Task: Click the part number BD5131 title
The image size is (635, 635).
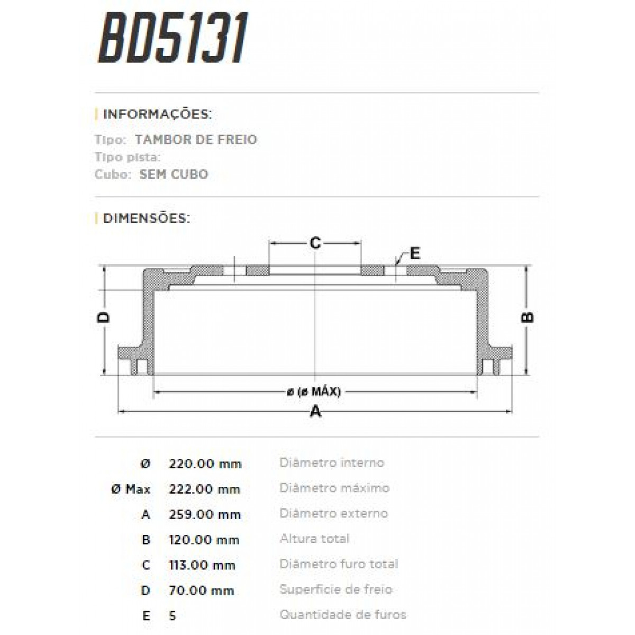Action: (x=173, y=40)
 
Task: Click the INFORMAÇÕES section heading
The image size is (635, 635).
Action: (x=157, y=114)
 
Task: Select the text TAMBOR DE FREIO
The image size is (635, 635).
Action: (x=196, y=140)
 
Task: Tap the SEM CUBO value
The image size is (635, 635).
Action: (x=174, y=174)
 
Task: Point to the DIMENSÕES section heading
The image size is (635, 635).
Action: (x=146, y=218)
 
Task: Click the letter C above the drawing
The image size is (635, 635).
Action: (x=315, y=243)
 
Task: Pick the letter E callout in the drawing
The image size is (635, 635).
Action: (x=415, y=253)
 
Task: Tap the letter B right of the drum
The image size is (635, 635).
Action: (x=528, y=317)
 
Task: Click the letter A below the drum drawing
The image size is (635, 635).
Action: (x=315, y=411)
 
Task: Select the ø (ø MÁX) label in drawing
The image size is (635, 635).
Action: (x=314, y=392)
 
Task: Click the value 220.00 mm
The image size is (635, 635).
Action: (x=205, y=464)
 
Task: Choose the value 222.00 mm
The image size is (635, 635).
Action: (x=205, y=489)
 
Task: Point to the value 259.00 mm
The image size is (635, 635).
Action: (x=205, y=514)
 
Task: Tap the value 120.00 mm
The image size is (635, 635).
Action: (x=204, y=540)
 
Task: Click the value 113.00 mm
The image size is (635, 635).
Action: (x=202, y=565)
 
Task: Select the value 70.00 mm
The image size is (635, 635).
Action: (x=201, y=591)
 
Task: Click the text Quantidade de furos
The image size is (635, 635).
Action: (x=343, y=615)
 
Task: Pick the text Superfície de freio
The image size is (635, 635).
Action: (x=336, y=589)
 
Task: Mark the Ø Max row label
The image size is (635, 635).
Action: (x=131, y=489)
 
